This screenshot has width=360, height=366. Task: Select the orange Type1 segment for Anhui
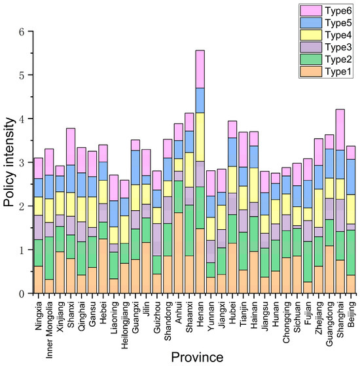(x=179, y=253)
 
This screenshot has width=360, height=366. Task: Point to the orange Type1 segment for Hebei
(x=103, y=266)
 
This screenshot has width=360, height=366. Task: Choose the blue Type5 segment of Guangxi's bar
(x=135, y=168)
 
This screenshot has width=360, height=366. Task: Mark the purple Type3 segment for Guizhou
(x=157, y=240)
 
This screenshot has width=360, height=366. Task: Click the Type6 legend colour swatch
(x=311, y=11)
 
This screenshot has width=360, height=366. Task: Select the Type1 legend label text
(x=338, y=71)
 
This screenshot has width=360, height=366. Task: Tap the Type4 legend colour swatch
(x=311, y=35)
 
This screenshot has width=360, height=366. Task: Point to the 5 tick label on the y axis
(x=22, y=75)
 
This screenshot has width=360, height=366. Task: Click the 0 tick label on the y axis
(x=22, y=293)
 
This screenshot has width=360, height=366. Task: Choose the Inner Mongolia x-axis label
(x=49, y=330)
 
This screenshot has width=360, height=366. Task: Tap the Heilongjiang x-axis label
(x=125, y=325)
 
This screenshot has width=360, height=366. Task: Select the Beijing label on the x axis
(x=351, y=314)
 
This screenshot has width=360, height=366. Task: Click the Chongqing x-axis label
(x=287, y=323)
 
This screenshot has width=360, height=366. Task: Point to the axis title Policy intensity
(x=9, y=162)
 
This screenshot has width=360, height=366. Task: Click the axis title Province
(x=197, y=357)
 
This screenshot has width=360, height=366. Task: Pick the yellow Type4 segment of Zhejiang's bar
(x=319, y=208)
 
